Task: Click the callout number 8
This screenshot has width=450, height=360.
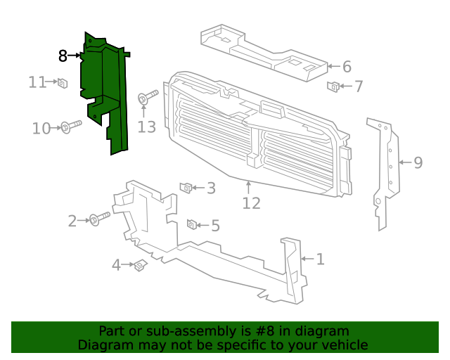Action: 63,55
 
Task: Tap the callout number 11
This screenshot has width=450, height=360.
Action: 37,82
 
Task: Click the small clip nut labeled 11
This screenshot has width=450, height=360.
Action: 62,83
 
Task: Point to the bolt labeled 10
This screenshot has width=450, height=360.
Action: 70,127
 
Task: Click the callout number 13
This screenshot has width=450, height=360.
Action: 146,127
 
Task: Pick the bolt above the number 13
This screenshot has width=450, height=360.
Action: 146,98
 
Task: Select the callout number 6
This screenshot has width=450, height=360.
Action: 347,67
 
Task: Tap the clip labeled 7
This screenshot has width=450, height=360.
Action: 334,86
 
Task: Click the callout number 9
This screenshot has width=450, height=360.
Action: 418,163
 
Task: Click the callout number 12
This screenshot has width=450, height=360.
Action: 251,203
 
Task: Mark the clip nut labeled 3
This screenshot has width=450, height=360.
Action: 186,187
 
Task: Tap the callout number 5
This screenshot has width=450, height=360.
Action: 215,226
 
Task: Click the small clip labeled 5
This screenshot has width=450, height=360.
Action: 191,224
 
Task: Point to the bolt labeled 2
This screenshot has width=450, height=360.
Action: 98,219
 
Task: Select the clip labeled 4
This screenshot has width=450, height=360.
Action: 139,265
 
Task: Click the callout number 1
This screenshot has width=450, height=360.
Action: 320,259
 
